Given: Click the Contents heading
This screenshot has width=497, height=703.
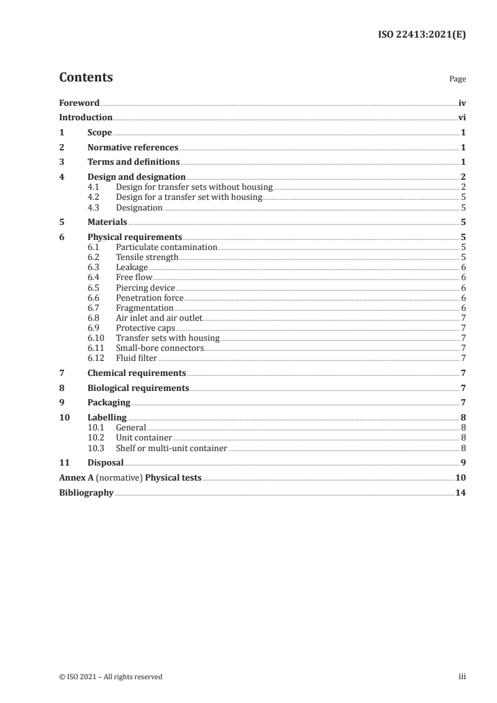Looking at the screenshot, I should pos(86,78).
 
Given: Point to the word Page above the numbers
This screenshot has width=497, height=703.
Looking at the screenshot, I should pos(458,80).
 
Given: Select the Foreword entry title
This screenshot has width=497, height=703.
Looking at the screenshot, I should pos(79,103).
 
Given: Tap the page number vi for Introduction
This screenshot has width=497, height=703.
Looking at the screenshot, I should pos(462,118).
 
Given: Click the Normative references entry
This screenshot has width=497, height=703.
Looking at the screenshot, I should pos(133,148).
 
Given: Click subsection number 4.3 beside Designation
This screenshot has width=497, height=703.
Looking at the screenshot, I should pos(94,207).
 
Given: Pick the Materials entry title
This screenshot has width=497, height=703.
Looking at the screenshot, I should pos(107,222).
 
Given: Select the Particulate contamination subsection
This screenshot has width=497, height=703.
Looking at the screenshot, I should pos(166,247).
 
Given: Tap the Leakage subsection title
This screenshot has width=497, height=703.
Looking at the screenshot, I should pos(132,268).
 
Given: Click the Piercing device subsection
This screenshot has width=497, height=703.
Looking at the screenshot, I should pos(145,288).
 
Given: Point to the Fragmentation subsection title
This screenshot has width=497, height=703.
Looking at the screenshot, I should pos(145,308).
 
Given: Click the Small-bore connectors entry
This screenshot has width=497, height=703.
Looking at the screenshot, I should pos(160,348).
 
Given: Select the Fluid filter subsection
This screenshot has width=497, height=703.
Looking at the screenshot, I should pos(136,358).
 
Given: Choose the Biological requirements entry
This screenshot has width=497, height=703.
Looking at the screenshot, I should pos(138,388).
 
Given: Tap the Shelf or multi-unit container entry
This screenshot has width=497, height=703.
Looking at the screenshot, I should pos(171,448).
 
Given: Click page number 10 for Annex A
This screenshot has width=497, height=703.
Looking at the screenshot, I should pos(461,477).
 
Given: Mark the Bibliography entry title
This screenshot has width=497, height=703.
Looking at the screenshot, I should pos(86,492).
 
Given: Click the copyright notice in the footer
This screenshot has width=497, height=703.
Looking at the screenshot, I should pos(111,677).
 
